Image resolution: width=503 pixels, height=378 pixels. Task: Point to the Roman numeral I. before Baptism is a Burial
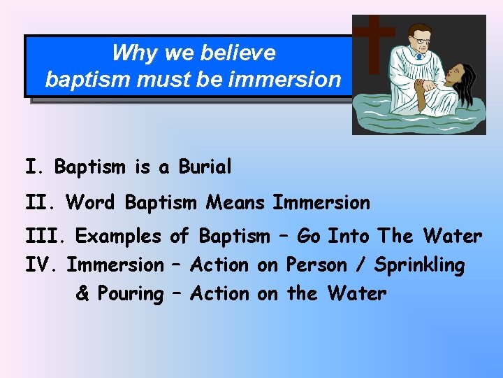click(35, 168)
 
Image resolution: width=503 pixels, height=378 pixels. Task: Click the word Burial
click(205, 168)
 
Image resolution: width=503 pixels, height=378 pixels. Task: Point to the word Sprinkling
click(419, 265)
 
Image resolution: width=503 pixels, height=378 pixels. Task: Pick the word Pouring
click(130, 293)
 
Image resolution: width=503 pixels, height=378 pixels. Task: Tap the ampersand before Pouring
click(82, 293)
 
